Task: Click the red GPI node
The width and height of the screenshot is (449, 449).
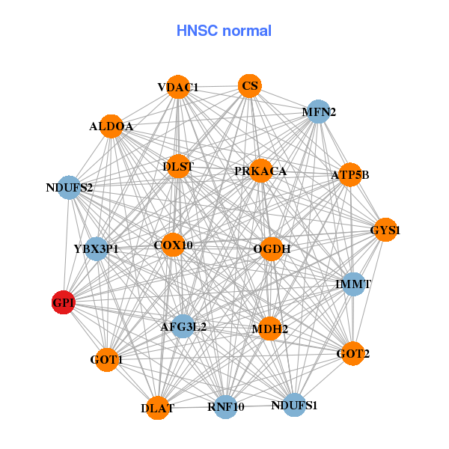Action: [63, 302]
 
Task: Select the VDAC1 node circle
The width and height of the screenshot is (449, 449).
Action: [178, 87]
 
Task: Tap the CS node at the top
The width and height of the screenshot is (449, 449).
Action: [250, 86]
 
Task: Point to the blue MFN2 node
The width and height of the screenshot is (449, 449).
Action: [319, 112]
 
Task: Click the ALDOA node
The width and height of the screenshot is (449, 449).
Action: [112, 126]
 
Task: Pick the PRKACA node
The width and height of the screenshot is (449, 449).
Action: [260, 171]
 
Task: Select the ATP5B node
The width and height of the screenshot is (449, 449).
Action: [349, 174]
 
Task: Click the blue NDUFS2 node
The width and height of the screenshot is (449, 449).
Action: [69, 186]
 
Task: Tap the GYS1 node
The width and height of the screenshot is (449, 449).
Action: [384, 230]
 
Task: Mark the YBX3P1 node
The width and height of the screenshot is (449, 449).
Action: [97, 248]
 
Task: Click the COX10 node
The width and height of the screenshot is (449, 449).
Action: [173, 245]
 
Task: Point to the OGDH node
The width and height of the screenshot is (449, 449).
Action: [271, 248]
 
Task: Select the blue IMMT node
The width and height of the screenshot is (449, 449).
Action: [353, 284]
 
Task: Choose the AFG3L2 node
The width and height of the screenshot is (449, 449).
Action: [183, 326]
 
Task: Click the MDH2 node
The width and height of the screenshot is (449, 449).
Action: [269, 328]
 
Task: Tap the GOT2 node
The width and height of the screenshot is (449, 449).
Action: [352, 352]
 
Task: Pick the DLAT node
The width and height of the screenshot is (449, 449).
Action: [157, 408]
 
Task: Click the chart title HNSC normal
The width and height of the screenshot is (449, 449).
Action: [224, 31]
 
